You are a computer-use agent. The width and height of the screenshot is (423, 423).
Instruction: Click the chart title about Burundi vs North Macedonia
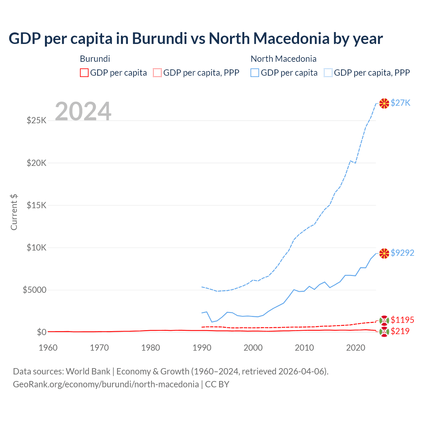tap(196, 39)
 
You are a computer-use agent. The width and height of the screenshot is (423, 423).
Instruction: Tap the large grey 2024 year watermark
tap(83, 111)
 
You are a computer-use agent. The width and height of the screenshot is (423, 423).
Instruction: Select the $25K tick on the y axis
tap(36, 120)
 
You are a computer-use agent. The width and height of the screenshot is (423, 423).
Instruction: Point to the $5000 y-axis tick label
tap(34, 290)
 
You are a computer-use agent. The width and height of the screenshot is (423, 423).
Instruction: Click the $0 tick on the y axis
tap(41, 332)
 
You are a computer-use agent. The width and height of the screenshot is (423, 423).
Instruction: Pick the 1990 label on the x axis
tap(202, 348)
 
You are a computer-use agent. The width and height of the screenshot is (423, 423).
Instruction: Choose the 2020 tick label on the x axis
tap(355, 348)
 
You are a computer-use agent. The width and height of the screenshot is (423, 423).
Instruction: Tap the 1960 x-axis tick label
tap(48, 348)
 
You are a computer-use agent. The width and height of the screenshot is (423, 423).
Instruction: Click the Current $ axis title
tap(14, 212)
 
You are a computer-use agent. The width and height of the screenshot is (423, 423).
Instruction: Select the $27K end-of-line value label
tap(401, 103)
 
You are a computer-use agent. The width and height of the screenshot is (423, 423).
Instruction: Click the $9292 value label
tap(402, 253)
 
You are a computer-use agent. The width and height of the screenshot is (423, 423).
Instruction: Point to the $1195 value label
tap(402, 320)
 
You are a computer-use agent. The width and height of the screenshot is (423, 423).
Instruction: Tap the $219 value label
tap(400, 331)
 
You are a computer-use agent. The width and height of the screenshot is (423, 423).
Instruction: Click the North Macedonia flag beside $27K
tap(384, 103)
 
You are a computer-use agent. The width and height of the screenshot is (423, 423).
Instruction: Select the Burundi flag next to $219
tap(384, 332)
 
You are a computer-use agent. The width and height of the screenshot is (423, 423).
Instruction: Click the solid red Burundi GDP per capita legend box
tap(84, 73)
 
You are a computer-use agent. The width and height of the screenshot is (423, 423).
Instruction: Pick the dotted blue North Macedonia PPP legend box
tap(328, 73)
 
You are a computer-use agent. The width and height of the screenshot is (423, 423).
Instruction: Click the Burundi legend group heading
tap(95, 59)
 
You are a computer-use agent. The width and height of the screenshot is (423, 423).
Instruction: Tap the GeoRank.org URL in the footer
tap(106, 384)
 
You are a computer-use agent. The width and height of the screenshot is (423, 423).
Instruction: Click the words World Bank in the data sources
tap(88, 371)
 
